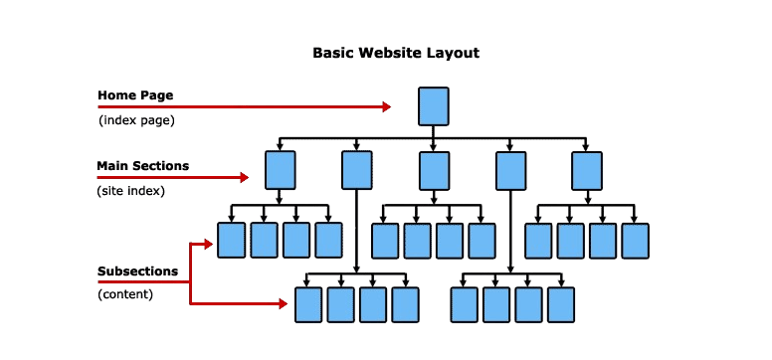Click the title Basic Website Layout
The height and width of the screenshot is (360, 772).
coord(396,53)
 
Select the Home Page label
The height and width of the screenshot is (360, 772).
coord(135,95)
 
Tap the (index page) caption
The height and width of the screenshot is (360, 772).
coord(136,120)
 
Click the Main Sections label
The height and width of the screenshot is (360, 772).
coord(142,165)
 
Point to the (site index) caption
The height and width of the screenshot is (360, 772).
coord(131,189)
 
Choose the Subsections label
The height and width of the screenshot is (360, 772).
coord(137,270)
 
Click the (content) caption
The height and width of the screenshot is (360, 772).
coord(125,294)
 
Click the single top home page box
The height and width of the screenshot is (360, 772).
coord(434,105)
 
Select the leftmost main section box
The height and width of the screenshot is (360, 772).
coord(281,169)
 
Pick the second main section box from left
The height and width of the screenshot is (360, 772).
coord(357,169)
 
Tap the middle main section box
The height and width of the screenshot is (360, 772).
coord(434,169)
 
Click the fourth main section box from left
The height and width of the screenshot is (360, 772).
coord(510,169)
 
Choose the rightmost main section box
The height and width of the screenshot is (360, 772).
coord(587,169)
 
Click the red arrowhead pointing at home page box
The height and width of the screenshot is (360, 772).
coord(386,106)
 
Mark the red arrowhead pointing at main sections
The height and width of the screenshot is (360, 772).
coord(243,178)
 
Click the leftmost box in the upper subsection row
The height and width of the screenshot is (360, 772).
coord(232,240)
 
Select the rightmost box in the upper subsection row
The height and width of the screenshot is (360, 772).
coord(635,241)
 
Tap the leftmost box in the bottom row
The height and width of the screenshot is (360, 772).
coord(308,304)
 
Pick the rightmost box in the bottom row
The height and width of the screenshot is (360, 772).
coord(561,304)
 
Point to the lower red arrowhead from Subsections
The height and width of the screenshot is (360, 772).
coord(283,304)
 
